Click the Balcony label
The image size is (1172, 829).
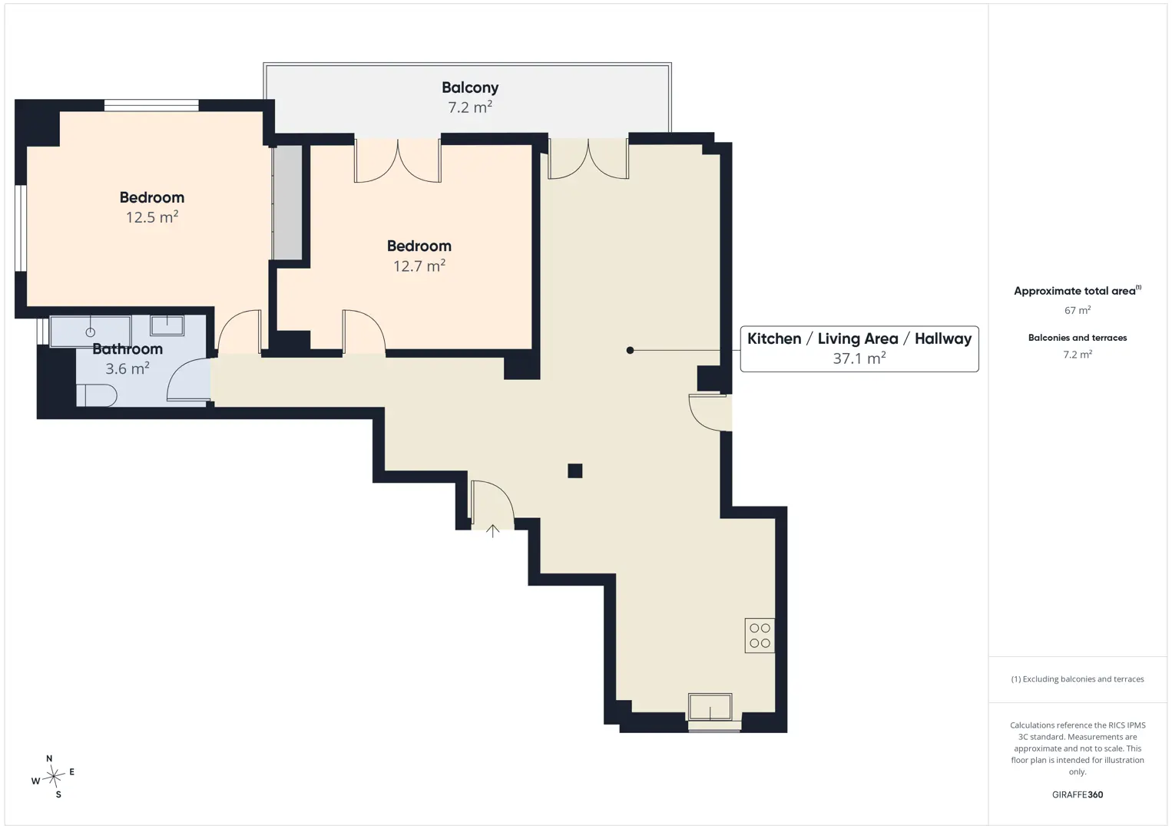click(x=470, y=88)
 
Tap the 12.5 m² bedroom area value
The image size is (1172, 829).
click(x=152, y=216)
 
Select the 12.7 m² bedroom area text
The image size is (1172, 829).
click(x=419, y=266)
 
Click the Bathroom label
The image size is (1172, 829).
click(x=127, y=348)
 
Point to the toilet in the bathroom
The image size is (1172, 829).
click(x=97, y=395)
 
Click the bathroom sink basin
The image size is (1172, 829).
click(x=167, y=325)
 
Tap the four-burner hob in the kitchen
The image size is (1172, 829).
click(x=760, y=636)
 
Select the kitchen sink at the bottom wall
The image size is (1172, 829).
click(x=710, y=707)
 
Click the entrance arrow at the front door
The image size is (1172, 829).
click(x=492, y=531)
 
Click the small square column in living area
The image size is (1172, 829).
click(x=575, y=471)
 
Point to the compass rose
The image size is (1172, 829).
click(x=53, y=777)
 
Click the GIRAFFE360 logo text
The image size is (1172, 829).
click(x=1078, y=794)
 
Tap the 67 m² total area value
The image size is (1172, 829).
click(x=1078, y=310)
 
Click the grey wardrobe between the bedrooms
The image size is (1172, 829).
click(x=286, y=202)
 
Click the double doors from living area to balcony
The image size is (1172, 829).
click(x=588, y=158)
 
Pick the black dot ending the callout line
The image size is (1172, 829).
click(x=630, y=351)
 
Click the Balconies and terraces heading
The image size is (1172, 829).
click(x=1078, y=338)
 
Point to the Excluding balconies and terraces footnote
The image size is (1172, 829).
click(x=1078, y=679)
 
